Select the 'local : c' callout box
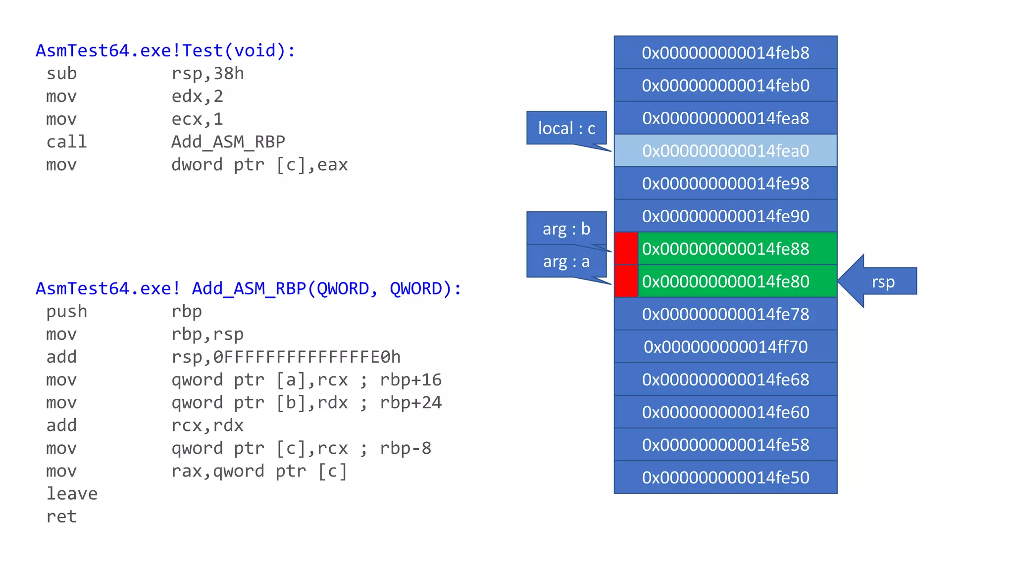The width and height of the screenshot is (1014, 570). (x=566, y=128)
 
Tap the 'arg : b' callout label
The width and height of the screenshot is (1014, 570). (x=566, y=229)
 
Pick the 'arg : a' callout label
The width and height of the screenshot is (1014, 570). (x=566, y=261)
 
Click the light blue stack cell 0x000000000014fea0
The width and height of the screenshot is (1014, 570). (x=725, y=150)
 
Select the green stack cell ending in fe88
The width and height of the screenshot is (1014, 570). (x=737, y=248)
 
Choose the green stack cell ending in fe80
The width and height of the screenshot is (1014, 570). (x=737, y=281)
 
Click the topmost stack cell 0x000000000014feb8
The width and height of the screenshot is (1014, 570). (x=725, y=52)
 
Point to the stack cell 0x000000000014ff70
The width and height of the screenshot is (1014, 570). (x=725, y=346)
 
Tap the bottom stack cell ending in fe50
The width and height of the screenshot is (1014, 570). (x=725, y=477)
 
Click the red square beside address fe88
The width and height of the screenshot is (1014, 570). (x=626, y=248)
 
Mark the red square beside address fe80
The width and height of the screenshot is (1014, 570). (x=626, y=281)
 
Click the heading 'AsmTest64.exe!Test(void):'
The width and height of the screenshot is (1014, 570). (x=165, y=50)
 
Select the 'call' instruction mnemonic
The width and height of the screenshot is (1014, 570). (x=66, y=142)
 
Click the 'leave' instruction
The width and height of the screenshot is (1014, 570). (x=72, y=493)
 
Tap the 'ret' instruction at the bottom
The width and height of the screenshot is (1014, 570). (x=61, y=516)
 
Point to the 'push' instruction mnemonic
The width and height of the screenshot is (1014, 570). (x=66, y=311)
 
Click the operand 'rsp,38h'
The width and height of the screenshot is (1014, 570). (x=207, y=74)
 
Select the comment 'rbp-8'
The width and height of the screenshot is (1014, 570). (x=406, y=448)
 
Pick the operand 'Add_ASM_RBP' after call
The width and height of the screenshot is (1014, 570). (x=228, y=142)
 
